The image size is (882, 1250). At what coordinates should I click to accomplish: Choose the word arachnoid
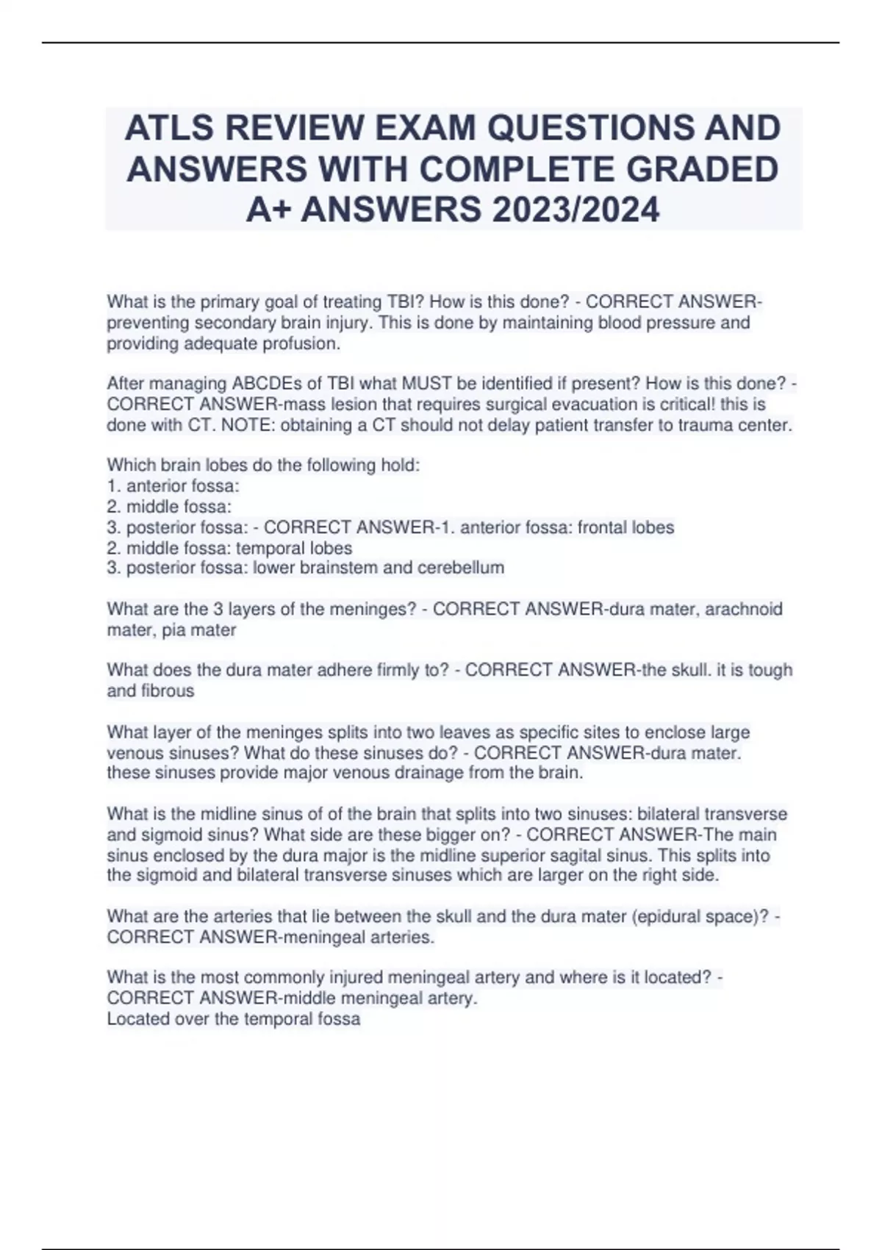click(744, 609)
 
